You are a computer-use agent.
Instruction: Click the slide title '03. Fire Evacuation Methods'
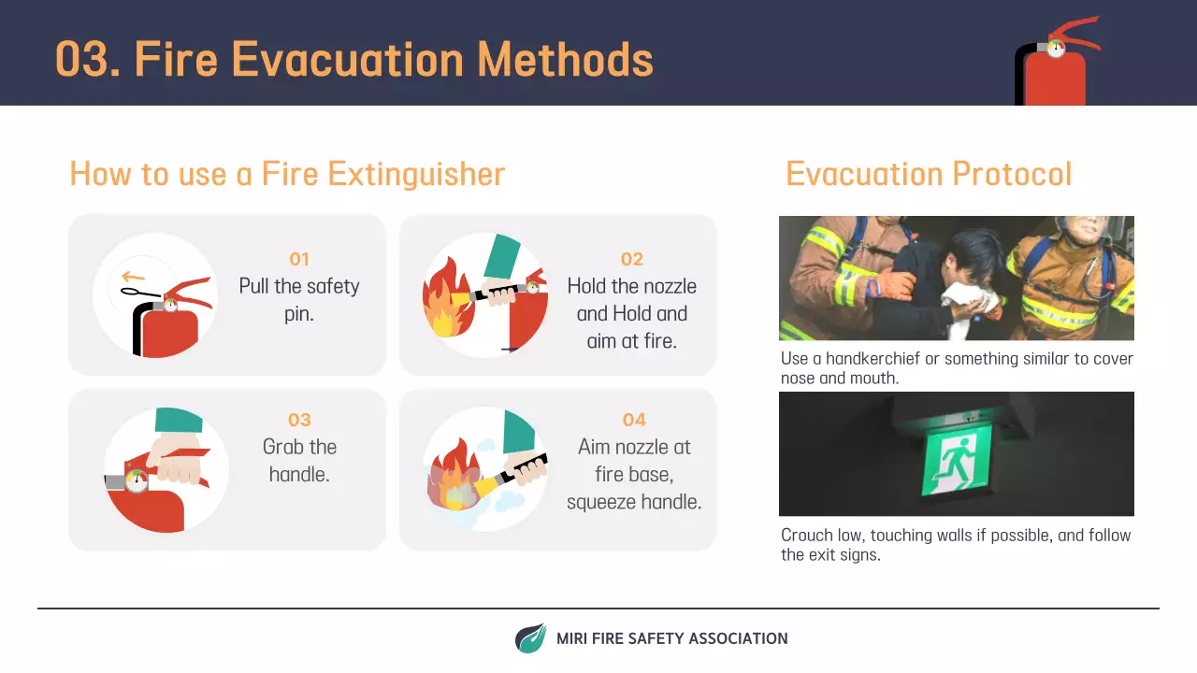(353, 58)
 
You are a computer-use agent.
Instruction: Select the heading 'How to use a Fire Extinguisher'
(287, 175)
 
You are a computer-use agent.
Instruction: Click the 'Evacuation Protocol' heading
(928, 175)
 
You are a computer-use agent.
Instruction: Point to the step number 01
(298, 259)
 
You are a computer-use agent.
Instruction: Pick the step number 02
(632, 259)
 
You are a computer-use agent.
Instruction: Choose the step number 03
(298, 420)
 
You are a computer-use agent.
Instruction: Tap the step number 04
(633, 420)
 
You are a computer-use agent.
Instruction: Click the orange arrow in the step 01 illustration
(133, 277)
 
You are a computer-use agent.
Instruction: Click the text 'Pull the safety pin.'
(298, 299)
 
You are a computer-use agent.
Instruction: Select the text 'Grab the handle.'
(298, 460)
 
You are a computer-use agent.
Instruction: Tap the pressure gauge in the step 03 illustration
(137, 481)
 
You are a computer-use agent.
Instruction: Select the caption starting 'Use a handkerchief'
(956, 368)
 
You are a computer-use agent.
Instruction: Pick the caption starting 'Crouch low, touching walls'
(955, 544)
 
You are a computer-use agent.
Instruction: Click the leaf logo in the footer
(530, 638)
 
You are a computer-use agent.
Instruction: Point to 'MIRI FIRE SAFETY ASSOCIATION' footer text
(671, 638)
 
